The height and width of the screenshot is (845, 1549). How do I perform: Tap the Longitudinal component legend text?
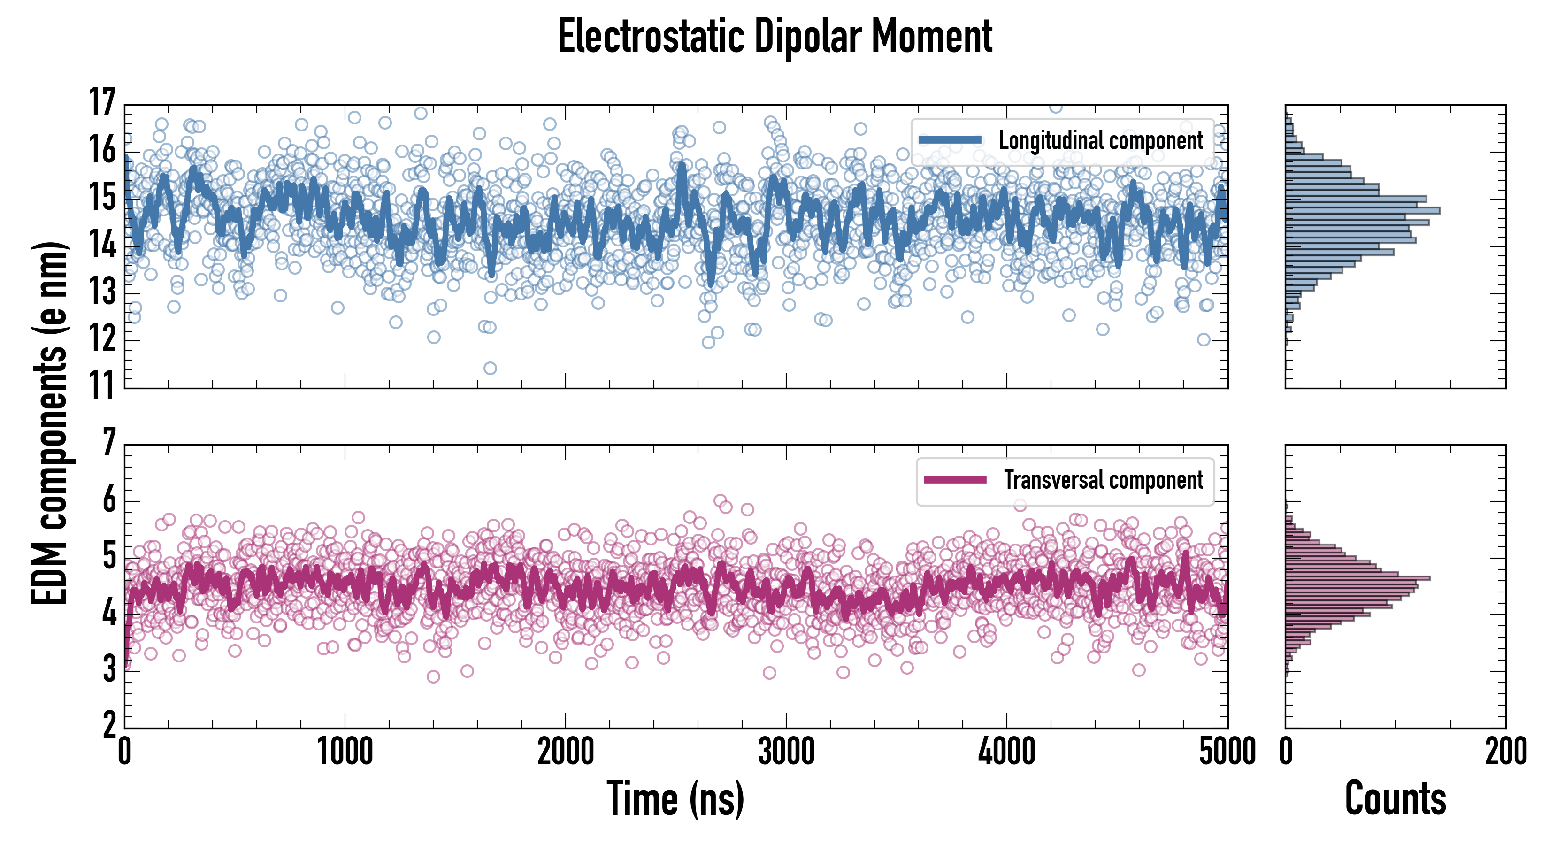tap(1100, 141)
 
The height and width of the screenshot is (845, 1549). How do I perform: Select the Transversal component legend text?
tap(1104, 480)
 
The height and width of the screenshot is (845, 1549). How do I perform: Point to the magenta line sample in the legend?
tap(955, 479)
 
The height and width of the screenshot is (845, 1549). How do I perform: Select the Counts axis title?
tap(1395, 799)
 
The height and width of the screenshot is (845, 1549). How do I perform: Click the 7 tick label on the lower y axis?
tap(109, 443)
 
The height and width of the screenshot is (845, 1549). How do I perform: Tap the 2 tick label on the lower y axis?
tap(109, 726)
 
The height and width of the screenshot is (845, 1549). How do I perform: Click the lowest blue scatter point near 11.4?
tap(490, 368)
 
